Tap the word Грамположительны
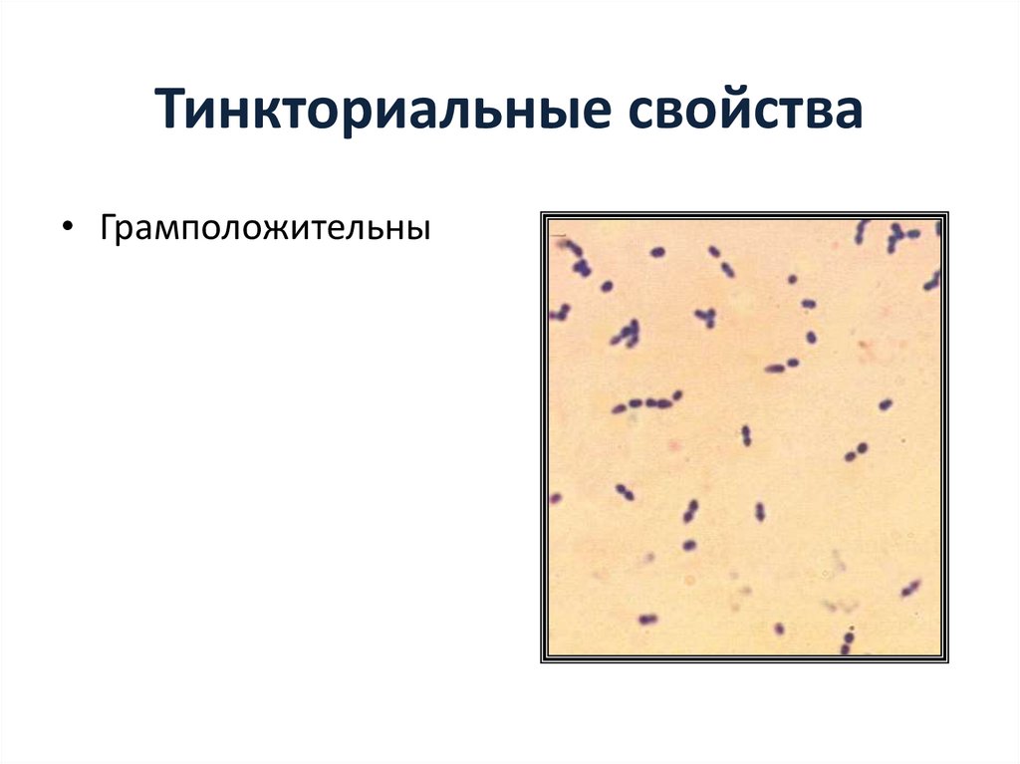pyautogui.click(x=264, y=230)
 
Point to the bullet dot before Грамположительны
pyautogui.click(x=67, y=229)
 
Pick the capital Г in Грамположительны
pyautogui.click(x=107, y=228)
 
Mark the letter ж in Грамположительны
pyautogui.click(x=280, y=230)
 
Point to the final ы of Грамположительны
pyautogui.click(x=421, y=230)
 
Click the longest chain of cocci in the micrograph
pyautogui.click(x=647, y=403)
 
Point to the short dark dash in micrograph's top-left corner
pyautogui.click(x=560, y=239)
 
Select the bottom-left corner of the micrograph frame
pyautogui.click(x=542, y=661)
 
